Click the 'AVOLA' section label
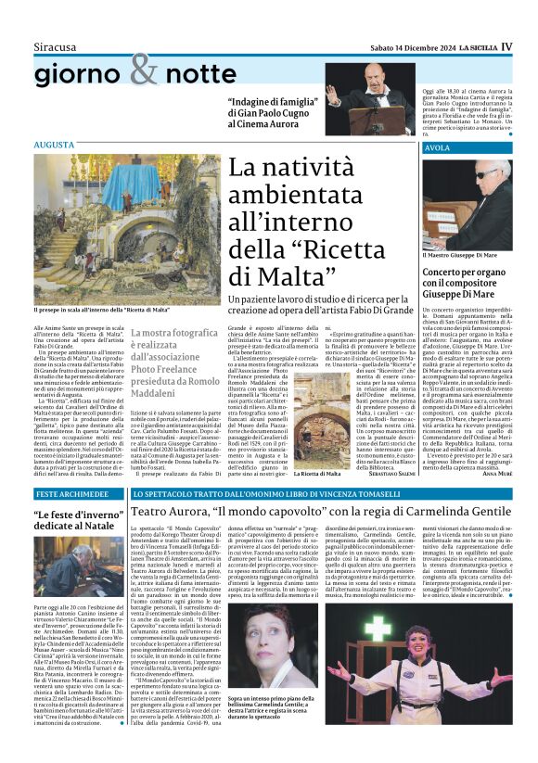coord(438,148)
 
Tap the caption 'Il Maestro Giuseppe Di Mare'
coord(461,255)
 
